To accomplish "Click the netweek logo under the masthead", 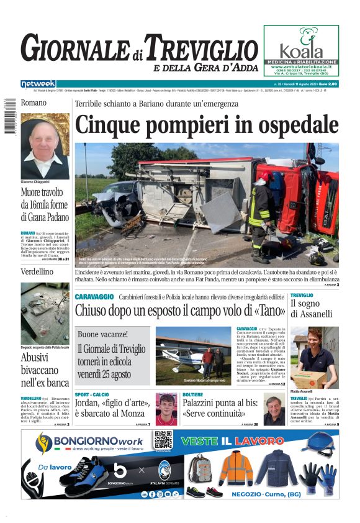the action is pyautogui.click(x=38, y=84).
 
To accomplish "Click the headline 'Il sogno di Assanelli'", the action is pyautogui.click(x=313, y=309).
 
